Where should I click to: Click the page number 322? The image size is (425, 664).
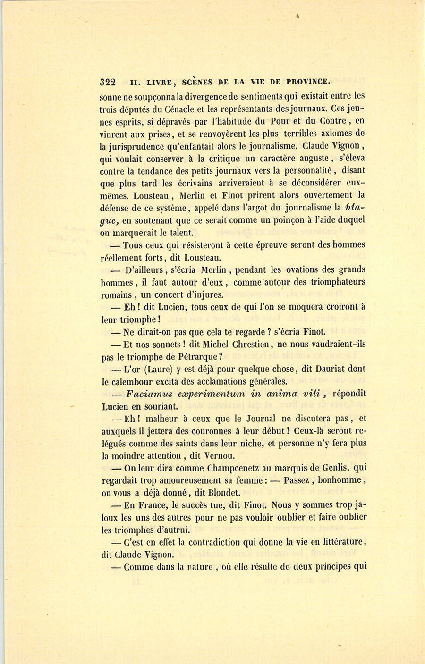pos(108,82)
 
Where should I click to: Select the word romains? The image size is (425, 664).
pos(117,295)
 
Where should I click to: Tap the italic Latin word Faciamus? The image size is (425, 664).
pos(144,394)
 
